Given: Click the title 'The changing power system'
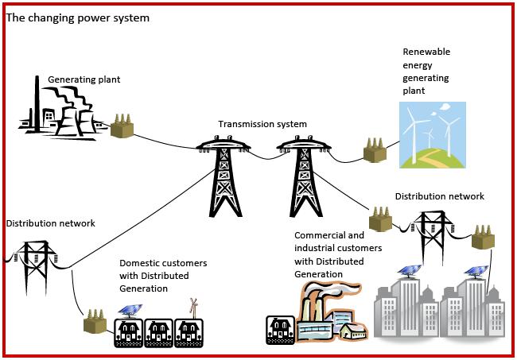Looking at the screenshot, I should point(77,17).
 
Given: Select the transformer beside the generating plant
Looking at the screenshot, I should point(122,126).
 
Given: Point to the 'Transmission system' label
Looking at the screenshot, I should point(262,124).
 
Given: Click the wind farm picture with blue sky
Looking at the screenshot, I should point(433,134).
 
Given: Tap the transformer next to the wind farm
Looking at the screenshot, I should point(375,149).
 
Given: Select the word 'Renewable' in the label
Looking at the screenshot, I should point(426,52).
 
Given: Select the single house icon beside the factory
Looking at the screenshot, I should point(279,328).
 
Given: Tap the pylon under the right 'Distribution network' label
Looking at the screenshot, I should point(432,235).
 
